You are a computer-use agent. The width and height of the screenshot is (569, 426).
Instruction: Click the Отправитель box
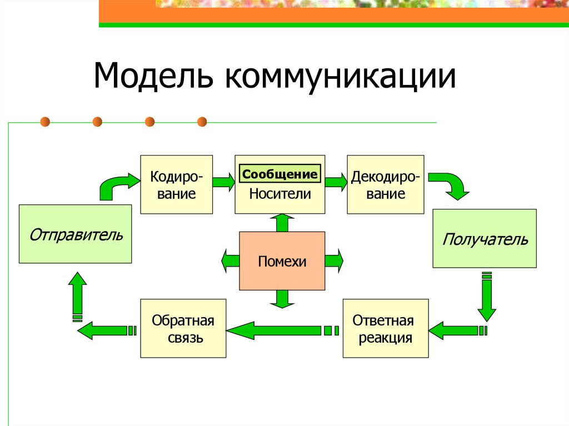[76, 234]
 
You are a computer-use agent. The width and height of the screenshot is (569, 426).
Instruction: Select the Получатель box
[485, 239]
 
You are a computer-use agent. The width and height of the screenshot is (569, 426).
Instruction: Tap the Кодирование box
[176, 185]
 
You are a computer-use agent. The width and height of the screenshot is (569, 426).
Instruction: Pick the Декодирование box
[385, 185]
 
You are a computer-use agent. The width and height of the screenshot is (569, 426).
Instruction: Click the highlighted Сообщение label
[280, 174]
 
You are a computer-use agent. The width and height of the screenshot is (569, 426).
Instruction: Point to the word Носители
[279, 194]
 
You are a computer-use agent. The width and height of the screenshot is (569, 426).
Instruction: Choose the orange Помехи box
[282, 261]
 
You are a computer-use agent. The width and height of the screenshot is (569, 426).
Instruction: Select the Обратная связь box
[183, 328]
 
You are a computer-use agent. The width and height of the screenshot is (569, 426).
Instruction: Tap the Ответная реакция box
[386, 328]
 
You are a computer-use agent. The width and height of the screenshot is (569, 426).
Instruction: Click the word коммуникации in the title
[340, 77]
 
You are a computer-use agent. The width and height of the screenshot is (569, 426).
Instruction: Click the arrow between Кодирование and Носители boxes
[223, 182]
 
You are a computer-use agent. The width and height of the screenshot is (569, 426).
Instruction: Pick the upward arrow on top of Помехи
[282, 222]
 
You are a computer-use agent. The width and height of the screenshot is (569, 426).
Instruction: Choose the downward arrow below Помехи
[282, 299]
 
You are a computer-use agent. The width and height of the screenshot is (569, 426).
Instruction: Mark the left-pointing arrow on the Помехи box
[229, 261]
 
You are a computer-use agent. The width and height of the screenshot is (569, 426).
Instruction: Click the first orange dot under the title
[45, 121]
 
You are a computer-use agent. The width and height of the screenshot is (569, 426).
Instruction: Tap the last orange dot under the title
[202, 121]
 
